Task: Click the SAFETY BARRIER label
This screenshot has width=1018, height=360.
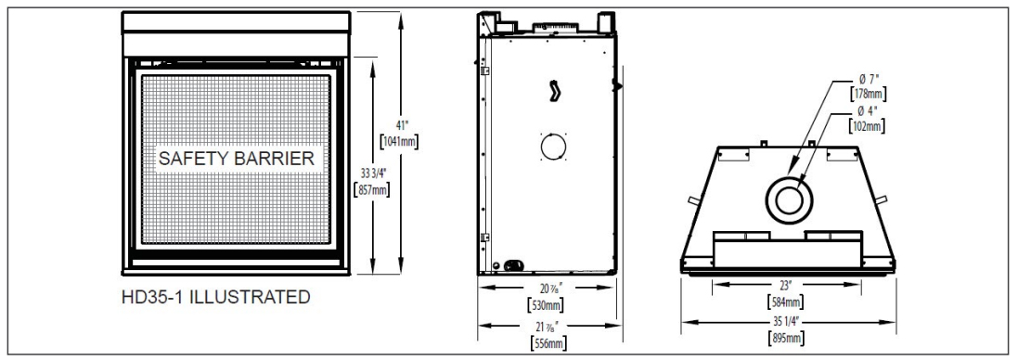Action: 237,159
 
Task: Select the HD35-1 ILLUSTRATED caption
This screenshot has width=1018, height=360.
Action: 215,298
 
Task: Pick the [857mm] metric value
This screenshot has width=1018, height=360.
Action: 370,189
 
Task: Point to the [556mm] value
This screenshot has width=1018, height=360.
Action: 548,344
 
